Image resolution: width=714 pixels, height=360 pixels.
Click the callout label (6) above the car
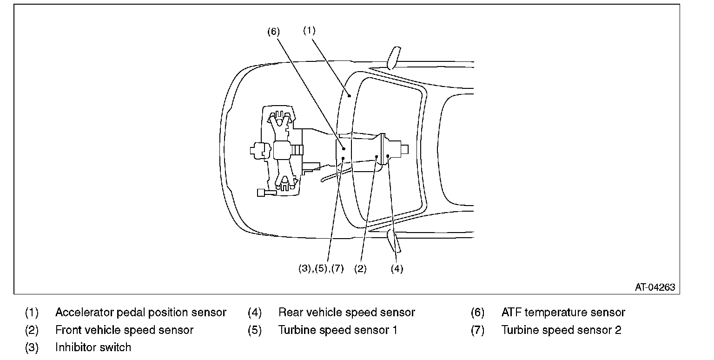coord(274,32)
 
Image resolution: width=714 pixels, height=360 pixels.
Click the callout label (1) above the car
coord(309,30)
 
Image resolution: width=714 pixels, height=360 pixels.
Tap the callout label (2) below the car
coord(360,269)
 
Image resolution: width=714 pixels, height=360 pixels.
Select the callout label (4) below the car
coord(397,269)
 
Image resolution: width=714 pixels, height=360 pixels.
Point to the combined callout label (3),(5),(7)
coord(321,269)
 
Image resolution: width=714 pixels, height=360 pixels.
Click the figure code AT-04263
coord(655,287)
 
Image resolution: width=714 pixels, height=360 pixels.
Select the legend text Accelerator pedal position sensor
coord(141,313)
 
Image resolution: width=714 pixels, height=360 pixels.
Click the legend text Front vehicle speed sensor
coord(124,330)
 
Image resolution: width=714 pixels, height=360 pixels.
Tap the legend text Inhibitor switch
coord(93,347)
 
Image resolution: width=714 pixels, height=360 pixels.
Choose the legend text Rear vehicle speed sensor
coord(346,313)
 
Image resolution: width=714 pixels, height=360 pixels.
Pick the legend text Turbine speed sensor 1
coord(338,330)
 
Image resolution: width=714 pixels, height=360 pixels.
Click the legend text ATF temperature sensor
coord(563,313)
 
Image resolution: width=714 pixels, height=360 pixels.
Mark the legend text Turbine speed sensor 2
coord(561,330)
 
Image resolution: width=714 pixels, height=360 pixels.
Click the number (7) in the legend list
coord(478,330)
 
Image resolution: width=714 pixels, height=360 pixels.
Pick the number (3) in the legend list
coord(32,347)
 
